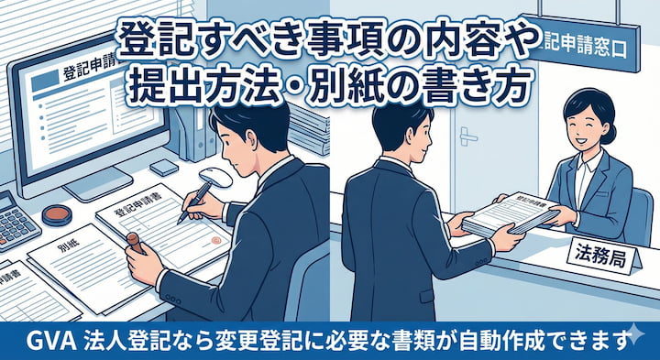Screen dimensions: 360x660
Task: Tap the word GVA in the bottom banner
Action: pyautogui.click(x=34, y=341)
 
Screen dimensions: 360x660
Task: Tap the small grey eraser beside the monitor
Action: pyautogui.click(x=163, y=168)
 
